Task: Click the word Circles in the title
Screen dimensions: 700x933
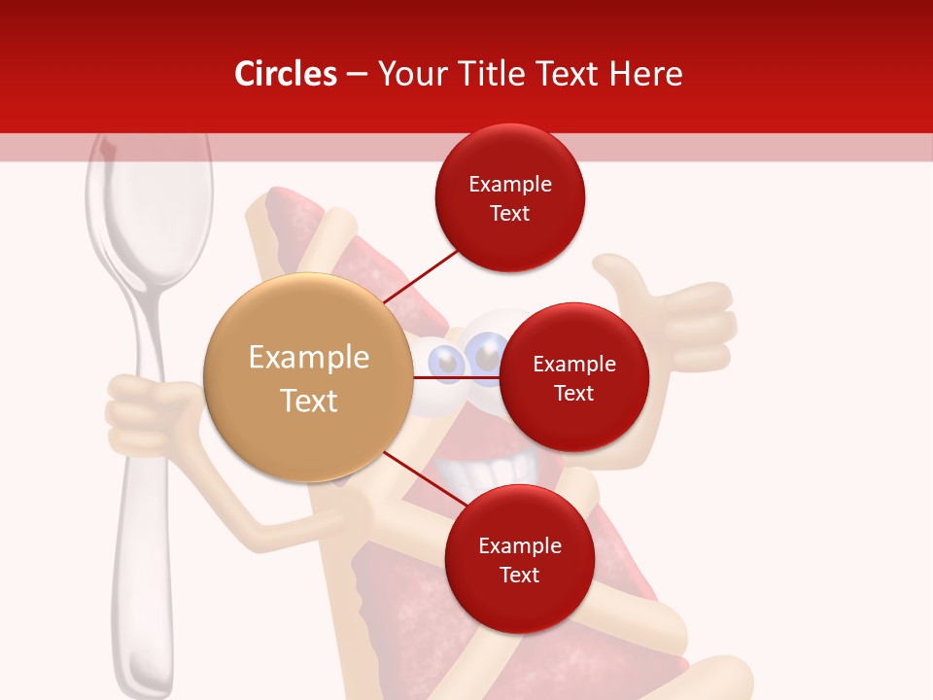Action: [285, 74]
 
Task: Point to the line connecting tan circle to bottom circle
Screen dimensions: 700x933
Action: [418, 476]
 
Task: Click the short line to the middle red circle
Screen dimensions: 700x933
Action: [457, 377]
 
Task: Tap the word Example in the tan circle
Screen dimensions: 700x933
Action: [309, 358]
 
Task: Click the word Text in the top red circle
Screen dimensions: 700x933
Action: [509, 213]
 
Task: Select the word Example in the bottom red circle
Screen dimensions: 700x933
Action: [519, 545]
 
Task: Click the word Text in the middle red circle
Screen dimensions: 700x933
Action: [573, 393]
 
